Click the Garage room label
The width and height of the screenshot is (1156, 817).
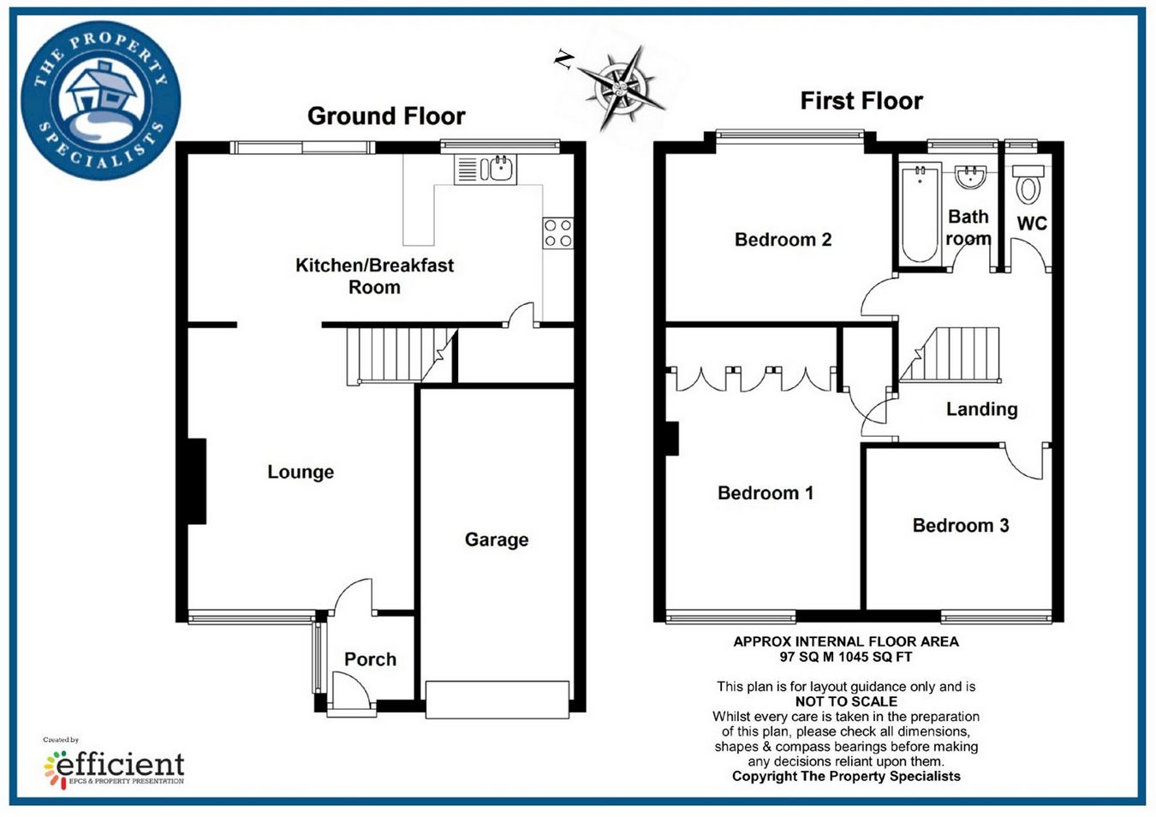coord(497,540)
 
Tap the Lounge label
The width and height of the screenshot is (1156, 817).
coord(301,472)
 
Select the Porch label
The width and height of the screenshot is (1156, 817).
coord(370,659)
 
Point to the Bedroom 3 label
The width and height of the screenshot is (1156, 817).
coord(961,526)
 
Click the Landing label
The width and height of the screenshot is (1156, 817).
coord(981,409)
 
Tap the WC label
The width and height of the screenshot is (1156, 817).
coord(1032,224)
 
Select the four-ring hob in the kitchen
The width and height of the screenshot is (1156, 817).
coord(557,233)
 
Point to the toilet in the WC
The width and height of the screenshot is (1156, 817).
coord(1028,185)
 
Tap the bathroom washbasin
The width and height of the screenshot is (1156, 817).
coord(970,178)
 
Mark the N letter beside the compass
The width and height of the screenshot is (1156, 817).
coord(563,60)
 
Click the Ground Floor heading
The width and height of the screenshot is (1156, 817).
coord(386,116)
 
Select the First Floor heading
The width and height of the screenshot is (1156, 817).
coord(861,101)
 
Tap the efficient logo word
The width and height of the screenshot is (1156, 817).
coord(120,762)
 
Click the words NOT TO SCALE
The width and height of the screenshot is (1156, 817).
coord(846,701)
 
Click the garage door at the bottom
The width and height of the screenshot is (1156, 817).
coord(498,700)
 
